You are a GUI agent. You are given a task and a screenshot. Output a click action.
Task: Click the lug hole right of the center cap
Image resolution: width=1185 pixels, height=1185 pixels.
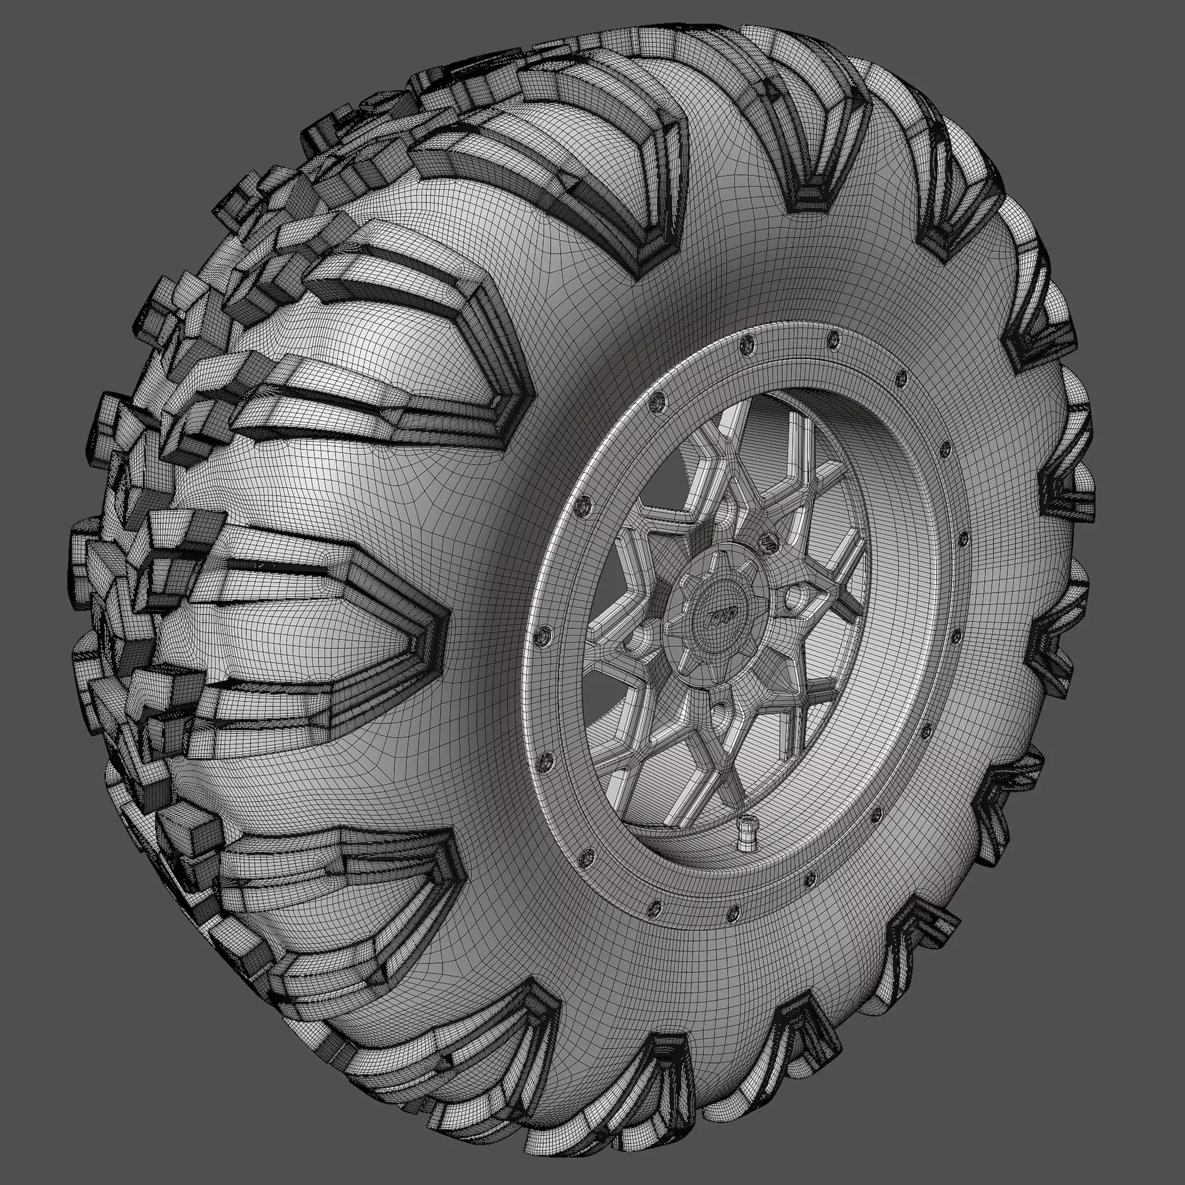click(x=798, y=597)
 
